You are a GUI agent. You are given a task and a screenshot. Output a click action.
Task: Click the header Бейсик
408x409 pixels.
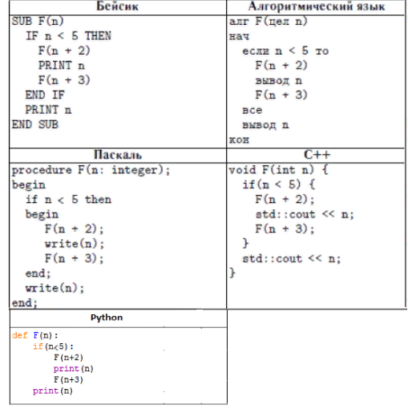pos(117,6)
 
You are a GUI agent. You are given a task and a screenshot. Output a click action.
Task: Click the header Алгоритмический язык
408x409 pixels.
pos(317,6)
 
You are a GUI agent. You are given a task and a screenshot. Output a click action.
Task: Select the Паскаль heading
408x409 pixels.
pos(118,155)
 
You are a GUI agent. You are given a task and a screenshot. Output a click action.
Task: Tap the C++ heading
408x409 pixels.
pos(317,155)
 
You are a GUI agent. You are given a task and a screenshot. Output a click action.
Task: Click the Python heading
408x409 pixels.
pos(107,318)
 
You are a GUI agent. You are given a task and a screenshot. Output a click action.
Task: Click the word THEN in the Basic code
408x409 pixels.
pos(98,36)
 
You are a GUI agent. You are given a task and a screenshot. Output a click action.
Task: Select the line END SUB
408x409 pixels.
pos(35,124)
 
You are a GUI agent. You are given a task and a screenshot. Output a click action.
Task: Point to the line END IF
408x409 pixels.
pos(45,95)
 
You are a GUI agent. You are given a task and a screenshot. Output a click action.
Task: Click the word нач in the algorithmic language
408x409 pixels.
pos(239,36)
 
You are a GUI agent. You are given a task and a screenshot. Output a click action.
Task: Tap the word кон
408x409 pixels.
pos(239,140)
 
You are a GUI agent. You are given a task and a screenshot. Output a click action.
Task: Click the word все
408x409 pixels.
pos(252,110)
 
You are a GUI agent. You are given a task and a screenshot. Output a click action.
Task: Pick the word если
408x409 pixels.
pos(256,51)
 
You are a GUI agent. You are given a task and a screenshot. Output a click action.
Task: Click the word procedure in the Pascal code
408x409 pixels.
pos(42,170)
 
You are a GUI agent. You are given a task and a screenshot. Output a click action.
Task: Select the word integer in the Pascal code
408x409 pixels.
pos(135,170)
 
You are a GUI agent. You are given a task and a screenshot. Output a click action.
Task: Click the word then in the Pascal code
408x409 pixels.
pos(98,200)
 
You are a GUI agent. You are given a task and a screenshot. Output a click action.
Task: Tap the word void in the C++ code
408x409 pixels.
pos(242,170)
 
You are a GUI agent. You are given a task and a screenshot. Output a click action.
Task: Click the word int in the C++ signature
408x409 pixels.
pos(285,170)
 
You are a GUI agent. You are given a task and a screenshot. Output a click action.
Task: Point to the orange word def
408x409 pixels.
pos(20,335)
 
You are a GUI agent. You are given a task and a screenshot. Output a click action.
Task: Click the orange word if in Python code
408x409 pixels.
pos(38,346)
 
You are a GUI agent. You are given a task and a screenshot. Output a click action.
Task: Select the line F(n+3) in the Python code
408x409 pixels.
pos(68,379)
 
